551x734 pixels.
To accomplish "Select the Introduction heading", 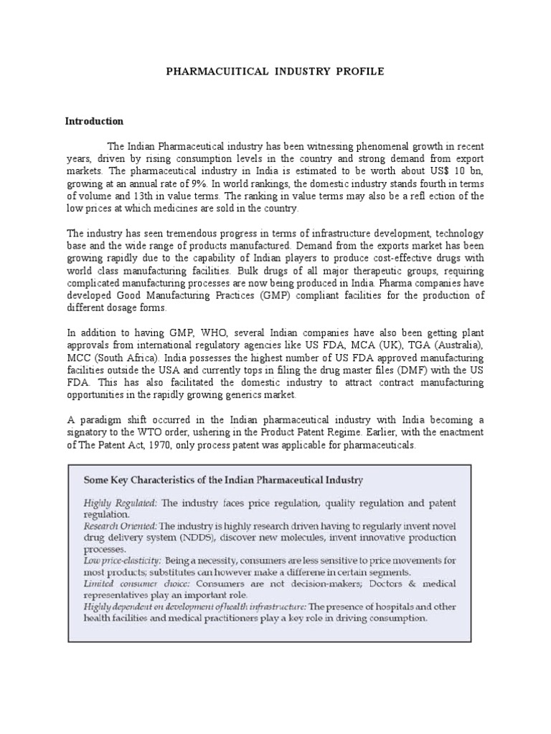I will [95, 121].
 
